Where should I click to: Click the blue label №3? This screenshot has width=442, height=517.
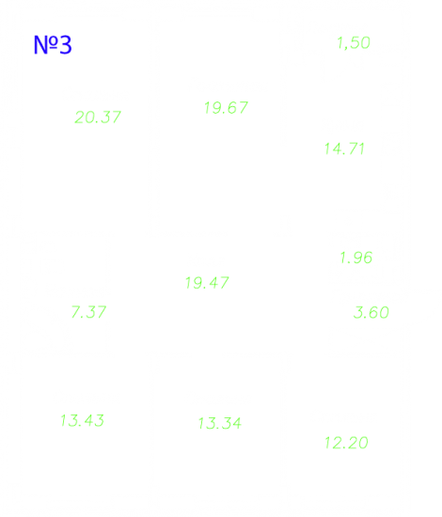coord(53,44)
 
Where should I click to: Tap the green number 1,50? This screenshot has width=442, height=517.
coord(354,43)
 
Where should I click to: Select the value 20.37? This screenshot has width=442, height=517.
coord(98,117)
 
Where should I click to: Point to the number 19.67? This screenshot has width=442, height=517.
coord(227,108)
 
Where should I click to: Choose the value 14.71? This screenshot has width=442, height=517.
coord(344,149)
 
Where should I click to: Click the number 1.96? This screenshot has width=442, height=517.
coord(356,258)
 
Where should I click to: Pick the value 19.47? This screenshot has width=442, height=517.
coord(207,283)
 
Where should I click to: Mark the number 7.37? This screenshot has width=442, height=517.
coord(88,312)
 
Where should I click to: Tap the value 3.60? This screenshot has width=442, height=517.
coord(371,313)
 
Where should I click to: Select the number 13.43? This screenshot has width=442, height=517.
coord(82,421)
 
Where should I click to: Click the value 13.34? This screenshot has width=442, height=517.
coord(220,423)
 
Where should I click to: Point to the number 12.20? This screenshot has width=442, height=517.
coord(346,443)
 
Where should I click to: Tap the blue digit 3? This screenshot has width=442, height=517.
coord(66,44)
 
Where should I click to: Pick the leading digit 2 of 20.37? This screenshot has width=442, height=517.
coord(80,117)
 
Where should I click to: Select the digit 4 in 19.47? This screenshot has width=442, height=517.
coord(213,283)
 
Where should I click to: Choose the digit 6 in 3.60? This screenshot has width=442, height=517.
coord(372,313)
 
